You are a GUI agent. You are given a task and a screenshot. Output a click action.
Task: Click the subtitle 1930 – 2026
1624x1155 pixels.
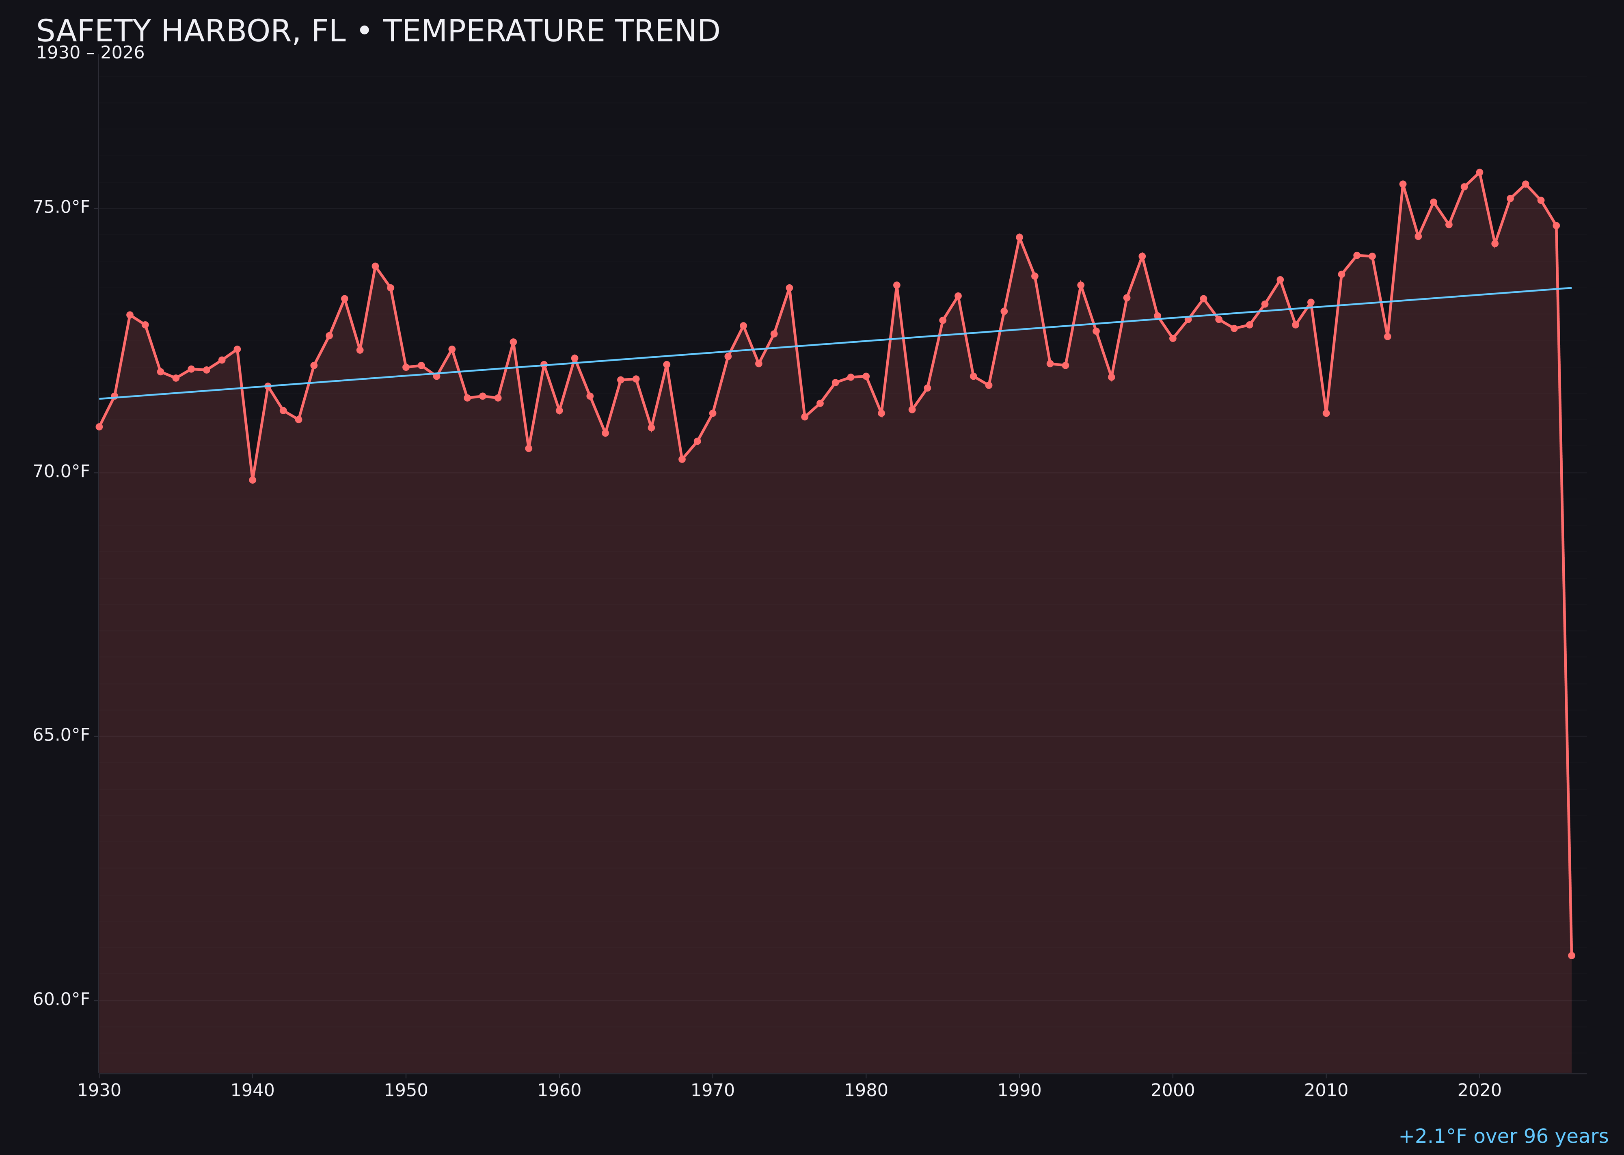(x=90, y=53)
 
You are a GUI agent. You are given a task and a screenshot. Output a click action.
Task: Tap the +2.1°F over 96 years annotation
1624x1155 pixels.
(x=1503, y=1136)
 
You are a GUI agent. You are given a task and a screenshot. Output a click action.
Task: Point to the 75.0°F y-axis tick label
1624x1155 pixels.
(x=61, y=207)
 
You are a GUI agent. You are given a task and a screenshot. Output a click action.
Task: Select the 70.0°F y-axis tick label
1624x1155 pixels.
(x=61, y=472)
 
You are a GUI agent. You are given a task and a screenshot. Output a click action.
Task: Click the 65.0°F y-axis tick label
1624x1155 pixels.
(x=61, y=735)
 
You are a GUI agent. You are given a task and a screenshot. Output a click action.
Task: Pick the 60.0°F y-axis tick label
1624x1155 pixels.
(x=61, y=999)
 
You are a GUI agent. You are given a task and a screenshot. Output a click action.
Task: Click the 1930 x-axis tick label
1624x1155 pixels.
(x=99, y=1090)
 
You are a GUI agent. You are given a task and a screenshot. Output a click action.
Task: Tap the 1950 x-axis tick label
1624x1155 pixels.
(x=406, y=1090)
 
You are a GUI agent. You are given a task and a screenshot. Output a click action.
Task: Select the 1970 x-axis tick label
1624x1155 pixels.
(x=713, y=1090)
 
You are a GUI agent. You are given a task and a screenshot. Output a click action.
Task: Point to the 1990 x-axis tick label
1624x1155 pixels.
(x=1019, y=1090)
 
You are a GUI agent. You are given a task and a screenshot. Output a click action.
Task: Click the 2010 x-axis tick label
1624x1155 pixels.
(x=1326, y=1090)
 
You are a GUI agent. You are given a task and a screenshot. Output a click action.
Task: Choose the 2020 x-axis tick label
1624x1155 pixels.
(x=1479, y=1090)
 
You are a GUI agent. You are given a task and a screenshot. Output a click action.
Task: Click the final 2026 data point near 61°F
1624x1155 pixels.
(x=1571, y=955)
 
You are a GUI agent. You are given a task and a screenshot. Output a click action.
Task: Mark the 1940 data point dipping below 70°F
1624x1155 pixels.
(x=253, y=480)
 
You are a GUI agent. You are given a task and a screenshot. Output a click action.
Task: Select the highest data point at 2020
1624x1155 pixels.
(x=1479, y=172)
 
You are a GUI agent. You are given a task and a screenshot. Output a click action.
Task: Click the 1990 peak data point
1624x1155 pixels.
(x=1019, y=237)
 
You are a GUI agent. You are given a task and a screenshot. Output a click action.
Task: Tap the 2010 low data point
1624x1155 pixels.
(x=1326, y=413)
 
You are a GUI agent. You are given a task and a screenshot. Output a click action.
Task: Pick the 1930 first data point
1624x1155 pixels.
(x=99, y=427)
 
